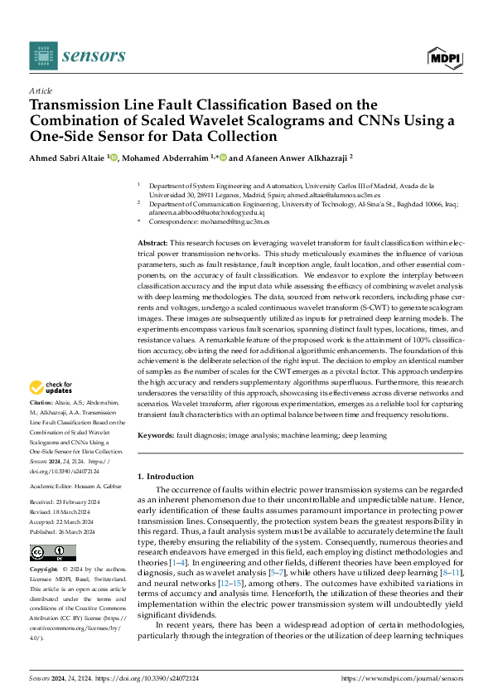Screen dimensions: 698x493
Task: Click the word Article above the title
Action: [x=40, y=90]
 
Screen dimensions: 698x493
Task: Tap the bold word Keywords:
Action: [x=157, y=435]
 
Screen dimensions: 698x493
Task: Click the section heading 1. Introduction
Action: [x=168, y=477]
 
